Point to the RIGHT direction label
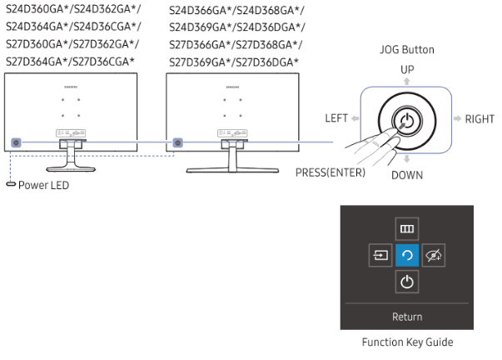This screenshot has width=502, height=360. (x=480, y=119)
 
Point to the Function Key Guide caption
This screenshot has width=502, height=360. (x=408, y=342)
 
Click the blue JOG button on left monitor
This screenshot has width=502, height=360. (x=17, y=143)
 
